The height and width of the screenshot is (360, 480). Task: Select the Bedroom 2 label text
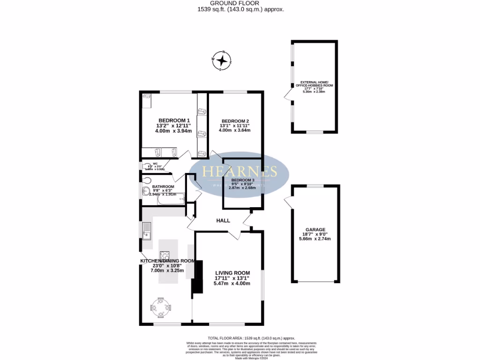235,121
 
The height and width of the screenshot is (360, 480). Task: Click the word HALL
223,220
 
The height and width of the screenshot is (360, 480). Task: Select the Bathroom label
163,187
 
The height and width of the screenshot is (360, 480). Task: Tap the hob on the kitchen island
165,256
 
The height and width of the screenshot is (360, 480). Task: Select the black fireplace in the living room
197,277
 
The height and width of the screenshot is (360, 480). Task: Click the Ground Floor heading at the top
240,3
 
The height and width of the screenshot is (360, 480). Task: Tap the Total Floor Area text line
251,338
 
